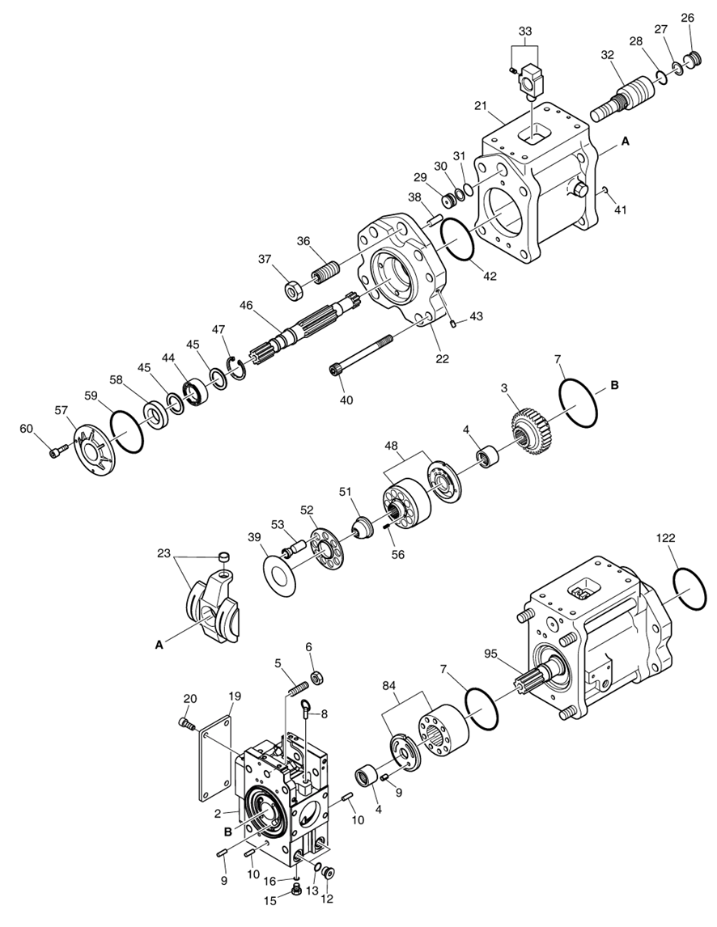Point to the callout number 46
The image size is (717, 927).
coord(247,305)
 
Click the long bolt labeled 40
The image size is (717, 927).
coord(361,353)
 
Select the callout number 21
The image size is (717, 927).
coord(480,107)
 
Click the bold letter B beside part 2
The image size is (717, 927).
coord(228,831)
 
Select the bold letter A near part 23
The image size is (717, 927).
coord(159,644)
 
